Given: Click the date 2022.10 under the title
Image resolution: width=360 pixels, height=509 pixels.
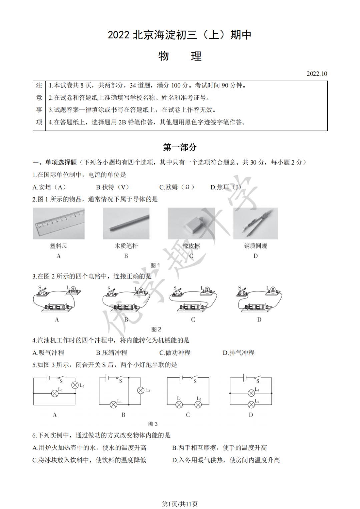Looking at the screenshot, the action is (x=317, y=74).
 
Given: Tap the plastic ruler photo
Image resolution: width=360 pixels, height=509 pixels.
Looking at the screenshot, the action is (x=59, y=224).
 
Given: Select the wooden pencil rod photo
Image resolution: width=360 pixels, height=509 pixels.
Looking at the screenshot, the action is (x=126, y=224).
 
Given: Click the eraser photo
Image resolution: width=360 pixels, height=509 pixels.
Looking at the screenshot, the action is (x=191, y=224).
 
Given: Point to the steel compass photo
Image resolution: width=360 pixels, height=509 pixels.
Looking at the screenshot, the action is (x=255, y=224).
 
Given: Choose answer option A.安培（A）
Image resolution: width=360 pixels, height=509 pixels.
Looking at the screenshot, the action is (x=49, y=187).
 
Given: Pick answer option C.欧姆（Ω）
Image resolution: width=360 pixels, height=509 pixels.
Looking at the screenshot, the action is (x=177, y=187).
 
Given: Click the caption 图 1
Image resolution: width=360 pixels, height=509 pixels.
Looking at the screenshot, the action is (x=156, y=265).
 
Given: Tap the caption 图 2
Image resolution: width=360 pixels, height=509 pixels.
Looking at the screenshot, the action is (x=156, y=329).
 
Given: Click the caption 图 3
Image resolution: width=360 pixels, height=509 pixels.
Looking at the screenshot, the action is (x=153, y=424).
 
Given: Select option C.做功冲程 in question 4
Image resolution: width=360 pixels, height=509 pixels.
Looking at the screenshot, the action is (x=175, y=353).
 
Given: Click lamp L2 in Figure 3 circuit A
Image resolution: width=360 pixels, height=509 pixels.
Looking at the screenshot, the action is (x=75, y=385).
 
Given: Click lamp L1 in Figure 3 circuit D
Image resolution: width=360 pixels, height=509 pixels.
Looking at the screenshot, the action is (x=251, y=393).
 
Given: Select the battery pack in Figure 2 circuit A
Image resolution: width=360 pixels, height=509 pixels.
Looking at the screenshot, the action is (x=57, y=308).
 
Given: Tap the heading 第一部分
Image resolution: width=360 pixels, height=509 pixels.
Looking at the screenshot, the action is (x=180, y=148).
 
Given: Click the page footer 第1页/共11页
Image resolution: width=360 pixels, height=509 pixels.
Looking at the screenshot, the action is (x=180, y=504).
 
